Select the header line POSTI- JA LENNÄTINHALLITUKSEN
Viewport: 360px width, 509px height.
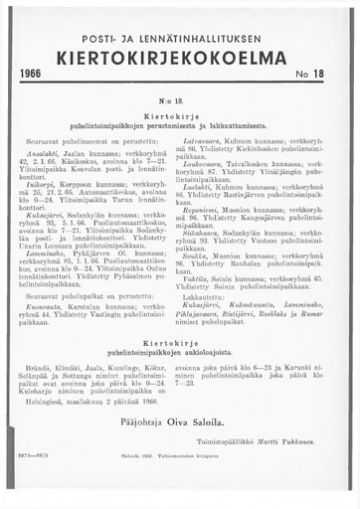[180, 37]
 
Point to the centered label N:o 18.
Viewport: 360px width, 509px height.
[180, 101]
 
